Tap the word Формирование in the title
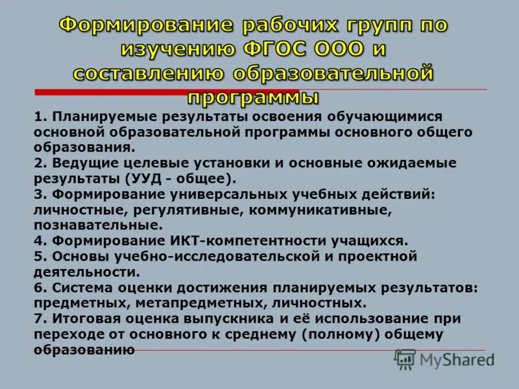[146, 26]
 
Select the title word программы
[254, 97]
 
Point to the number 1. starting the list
[41, 117]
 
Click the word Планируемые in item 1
[101, 117]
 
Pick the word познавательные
[97, 226]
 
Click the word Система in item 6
[78, 288]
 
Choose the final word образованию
[84, 350]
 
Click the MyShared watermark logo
[444, 360]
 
